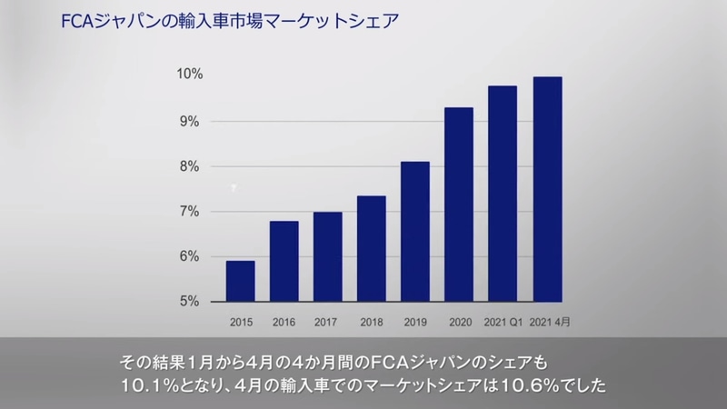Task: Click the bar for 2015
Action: pos(240,281)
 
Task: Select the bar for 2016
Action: pos(284,261)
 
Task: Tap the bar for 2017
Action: pos(327,256)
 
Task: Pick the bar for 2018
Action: pos(371,248)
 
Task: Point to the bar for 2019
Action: pos(414,231)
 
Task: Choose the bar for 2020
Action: pos(458,204)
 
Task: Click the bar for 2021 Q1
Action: pos(502,194)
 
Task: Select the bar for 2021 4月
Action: pos(546,189)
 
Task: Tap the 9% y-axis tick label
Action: pos(190,121)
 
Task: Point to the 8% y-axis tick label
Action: pos(190,166)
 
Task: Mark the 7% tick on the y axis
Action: pos(190,212)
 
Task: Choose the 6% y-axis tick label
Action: pos(190,256)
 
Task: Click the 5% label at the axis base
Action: pos(190,302)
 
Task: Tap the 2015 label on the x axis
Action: pos(240,322)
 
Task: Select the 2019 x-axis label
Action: pos(414,322)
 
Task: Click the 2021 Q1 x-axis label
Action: pos(502,322)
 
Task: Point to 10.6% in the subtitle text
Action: pos(521,384)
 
